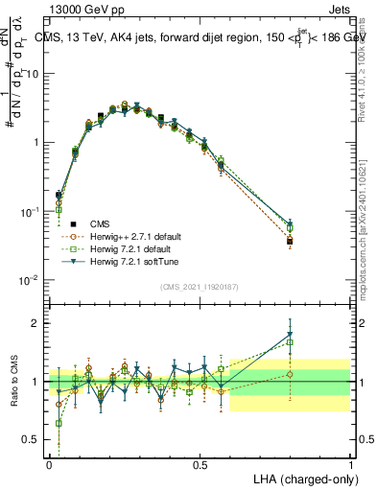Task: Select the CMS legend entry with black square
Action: [101, 223]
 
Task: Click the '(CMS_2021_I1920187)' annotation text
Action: [200, 287]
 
